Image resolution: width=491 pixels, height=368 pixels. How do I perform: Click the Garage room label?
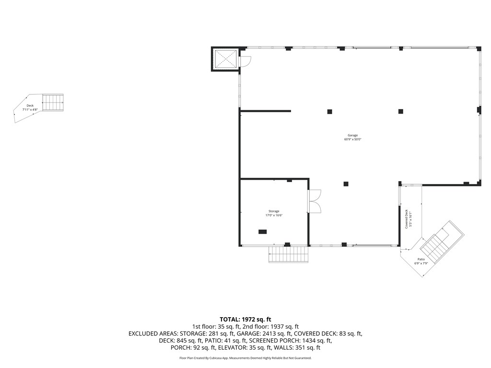[353, 135]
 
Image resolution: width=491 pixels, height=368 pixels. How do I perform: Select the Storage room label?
[274, 211]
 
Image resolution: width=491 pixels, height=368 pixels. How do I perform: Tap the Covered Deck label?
[407, 219]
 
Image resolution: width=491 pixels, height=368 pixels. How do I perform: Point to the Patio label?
[421, 259]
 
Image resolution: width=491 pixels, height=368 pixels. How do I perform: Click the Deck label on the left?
[30, 105]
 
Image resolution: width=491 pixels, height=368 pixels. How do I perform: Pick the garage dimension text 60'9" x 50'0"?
[353, 139]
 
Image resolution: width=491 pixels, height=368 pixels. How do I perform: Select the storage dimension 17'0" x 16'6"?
[274, 216]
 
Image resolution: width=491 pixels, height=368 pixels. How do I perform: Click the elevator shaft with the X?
[225, 59]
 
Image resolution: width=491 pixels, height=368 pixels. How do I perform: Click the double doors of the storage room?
[314, 201]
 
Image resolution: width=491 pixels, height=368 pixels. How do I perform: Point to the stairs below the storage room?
[288, 254]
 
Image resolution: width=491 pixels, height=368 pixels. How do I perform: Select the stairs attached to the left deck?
[53, 102]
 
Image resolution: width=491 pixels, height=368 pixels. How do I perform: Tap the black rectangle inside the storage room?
[263, 232]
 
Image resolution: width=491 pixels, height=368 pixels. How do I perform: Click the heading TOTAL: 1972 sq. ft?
[245, 319]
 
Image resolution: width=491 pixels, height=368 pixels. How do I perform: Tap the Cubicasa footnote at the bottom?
[245, 358]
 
